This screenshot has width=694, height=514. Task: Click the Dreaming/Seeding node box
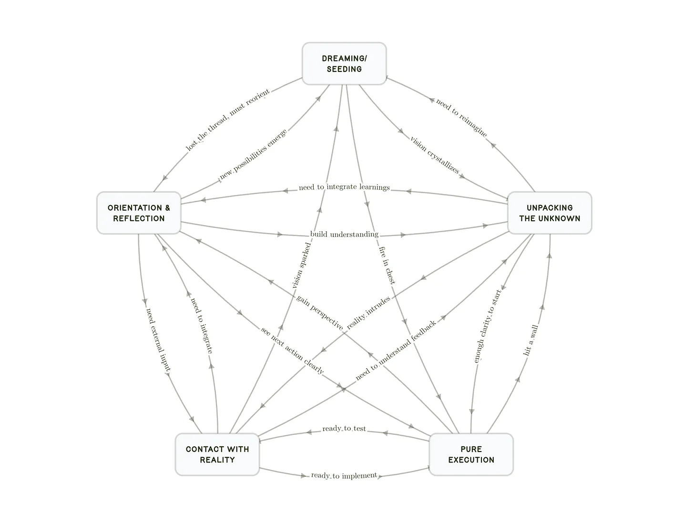coord(344,64)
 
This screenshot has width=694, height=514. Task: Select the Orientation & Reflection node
coord(139,213)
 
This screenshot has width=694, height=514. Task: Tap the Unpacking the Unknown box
coord(550,213)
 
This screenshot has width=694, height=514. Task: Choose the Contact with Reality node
coord(217,454)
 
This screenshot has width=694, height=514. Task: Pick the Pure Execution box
coord(471,454)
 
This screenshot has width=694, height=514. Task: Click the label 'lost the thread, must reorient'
coord(227,120)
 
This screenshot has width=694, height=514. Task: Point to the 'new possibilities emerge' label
coord(253,154)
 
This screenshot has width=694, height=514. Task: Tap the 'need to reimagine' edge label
coord(461,118)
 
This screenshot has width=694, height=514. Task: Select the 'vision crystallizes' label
coord(435,155)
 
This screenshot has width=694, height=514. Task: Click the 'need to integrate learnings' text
coord(344,187)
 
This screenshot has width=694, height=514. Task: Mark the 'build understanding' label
coord(344,234)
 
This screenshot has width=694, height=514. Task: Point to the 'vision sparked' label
coord(301,266)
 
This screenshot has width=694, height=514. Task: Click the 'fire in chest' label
coord(387,265)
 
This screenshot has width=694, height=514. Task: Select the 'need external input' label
coord(158,339)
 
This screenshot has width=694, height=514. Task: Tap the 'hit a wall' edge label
coord(531,340)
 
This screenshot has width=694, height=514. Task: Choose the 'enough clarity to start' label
coord(487,326)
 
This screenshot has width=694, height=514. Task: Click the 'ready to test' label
coord(344,429)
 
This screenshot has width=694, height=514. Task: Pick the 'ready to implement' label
coord(344,475)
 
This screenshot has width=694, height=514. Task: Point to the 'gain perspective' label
coord(319,312)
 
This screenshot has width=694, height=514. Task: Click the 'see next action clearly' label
coord(292,350)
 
